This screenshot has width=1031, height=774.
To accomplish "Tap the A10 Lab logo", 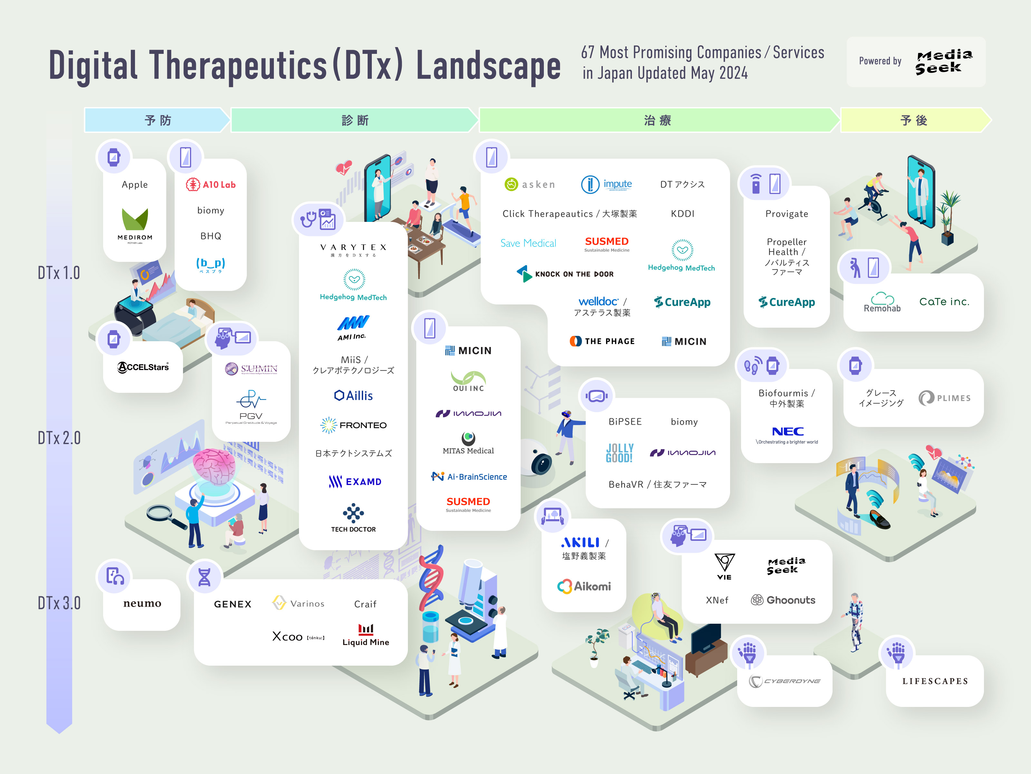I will [211, 184].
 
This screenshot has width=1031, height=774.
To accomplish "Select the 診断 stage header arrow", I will [354, 120].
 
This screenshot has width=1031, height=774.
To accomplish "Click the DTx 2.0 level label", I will [59, 438].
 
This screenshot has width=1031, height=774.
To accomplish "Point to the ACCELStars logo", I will [143, 367].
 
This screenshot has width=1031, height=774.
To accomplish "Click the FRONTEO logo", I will [354, 425].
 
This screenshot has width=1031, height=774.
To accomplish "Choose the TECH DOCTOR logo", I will [353, 518].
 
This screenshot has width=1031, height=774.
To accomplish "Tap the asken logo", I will [530, 184].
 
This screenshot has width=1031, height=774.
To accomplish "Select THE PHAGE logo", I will [602, 341].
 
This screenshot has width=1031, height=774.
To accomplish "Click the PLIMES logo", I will [945, 398].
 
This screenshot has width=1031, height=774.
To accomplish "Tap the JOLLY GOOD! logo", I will [620, 452].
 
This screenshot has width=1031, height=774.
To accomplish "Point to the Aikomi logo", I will [584, 586].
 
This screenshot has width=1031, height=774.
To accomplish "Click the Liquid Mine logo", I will [366, 635].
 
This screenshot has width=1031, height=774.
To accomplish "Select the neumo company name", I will [142, 604].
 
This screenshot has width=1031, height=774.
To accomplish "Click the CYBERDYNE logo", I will [785, 681].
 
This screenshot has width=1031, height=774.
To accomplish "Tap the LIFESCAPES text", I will [935, 681].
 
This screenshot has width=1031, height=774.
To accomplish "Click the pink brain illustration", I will [215, 467].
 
